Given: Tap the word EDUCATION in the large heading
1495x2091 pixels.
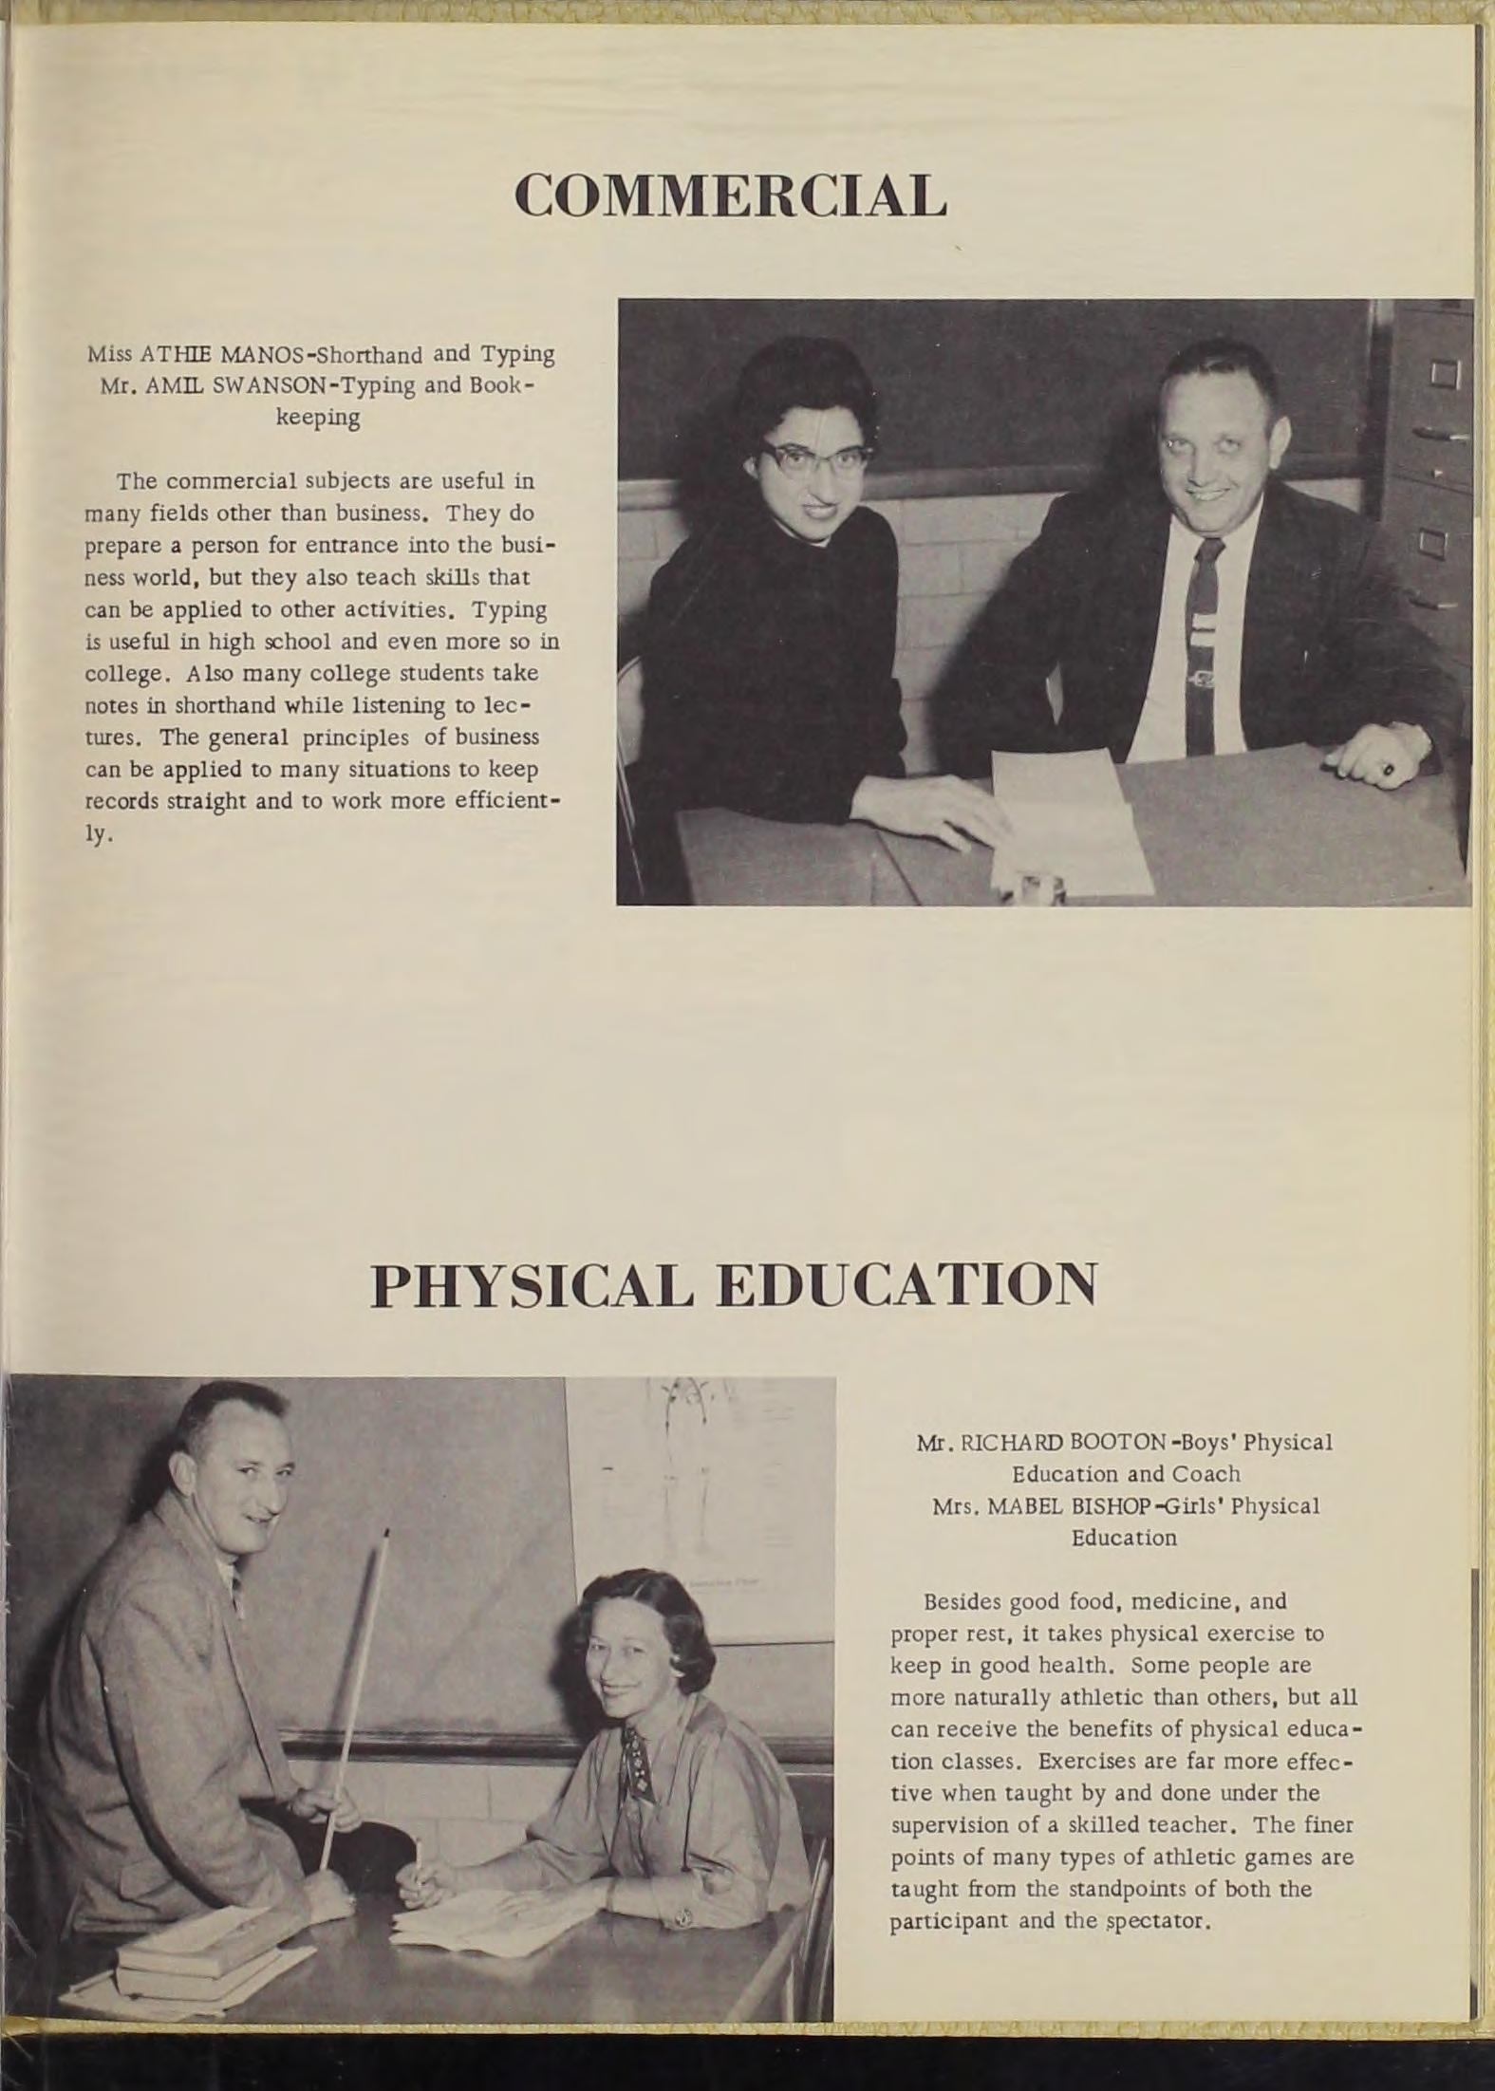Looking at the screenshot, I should (x=906, y=1285).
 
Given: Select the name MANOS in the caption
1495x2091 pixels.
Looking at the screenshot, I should (x=259, y=355).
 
